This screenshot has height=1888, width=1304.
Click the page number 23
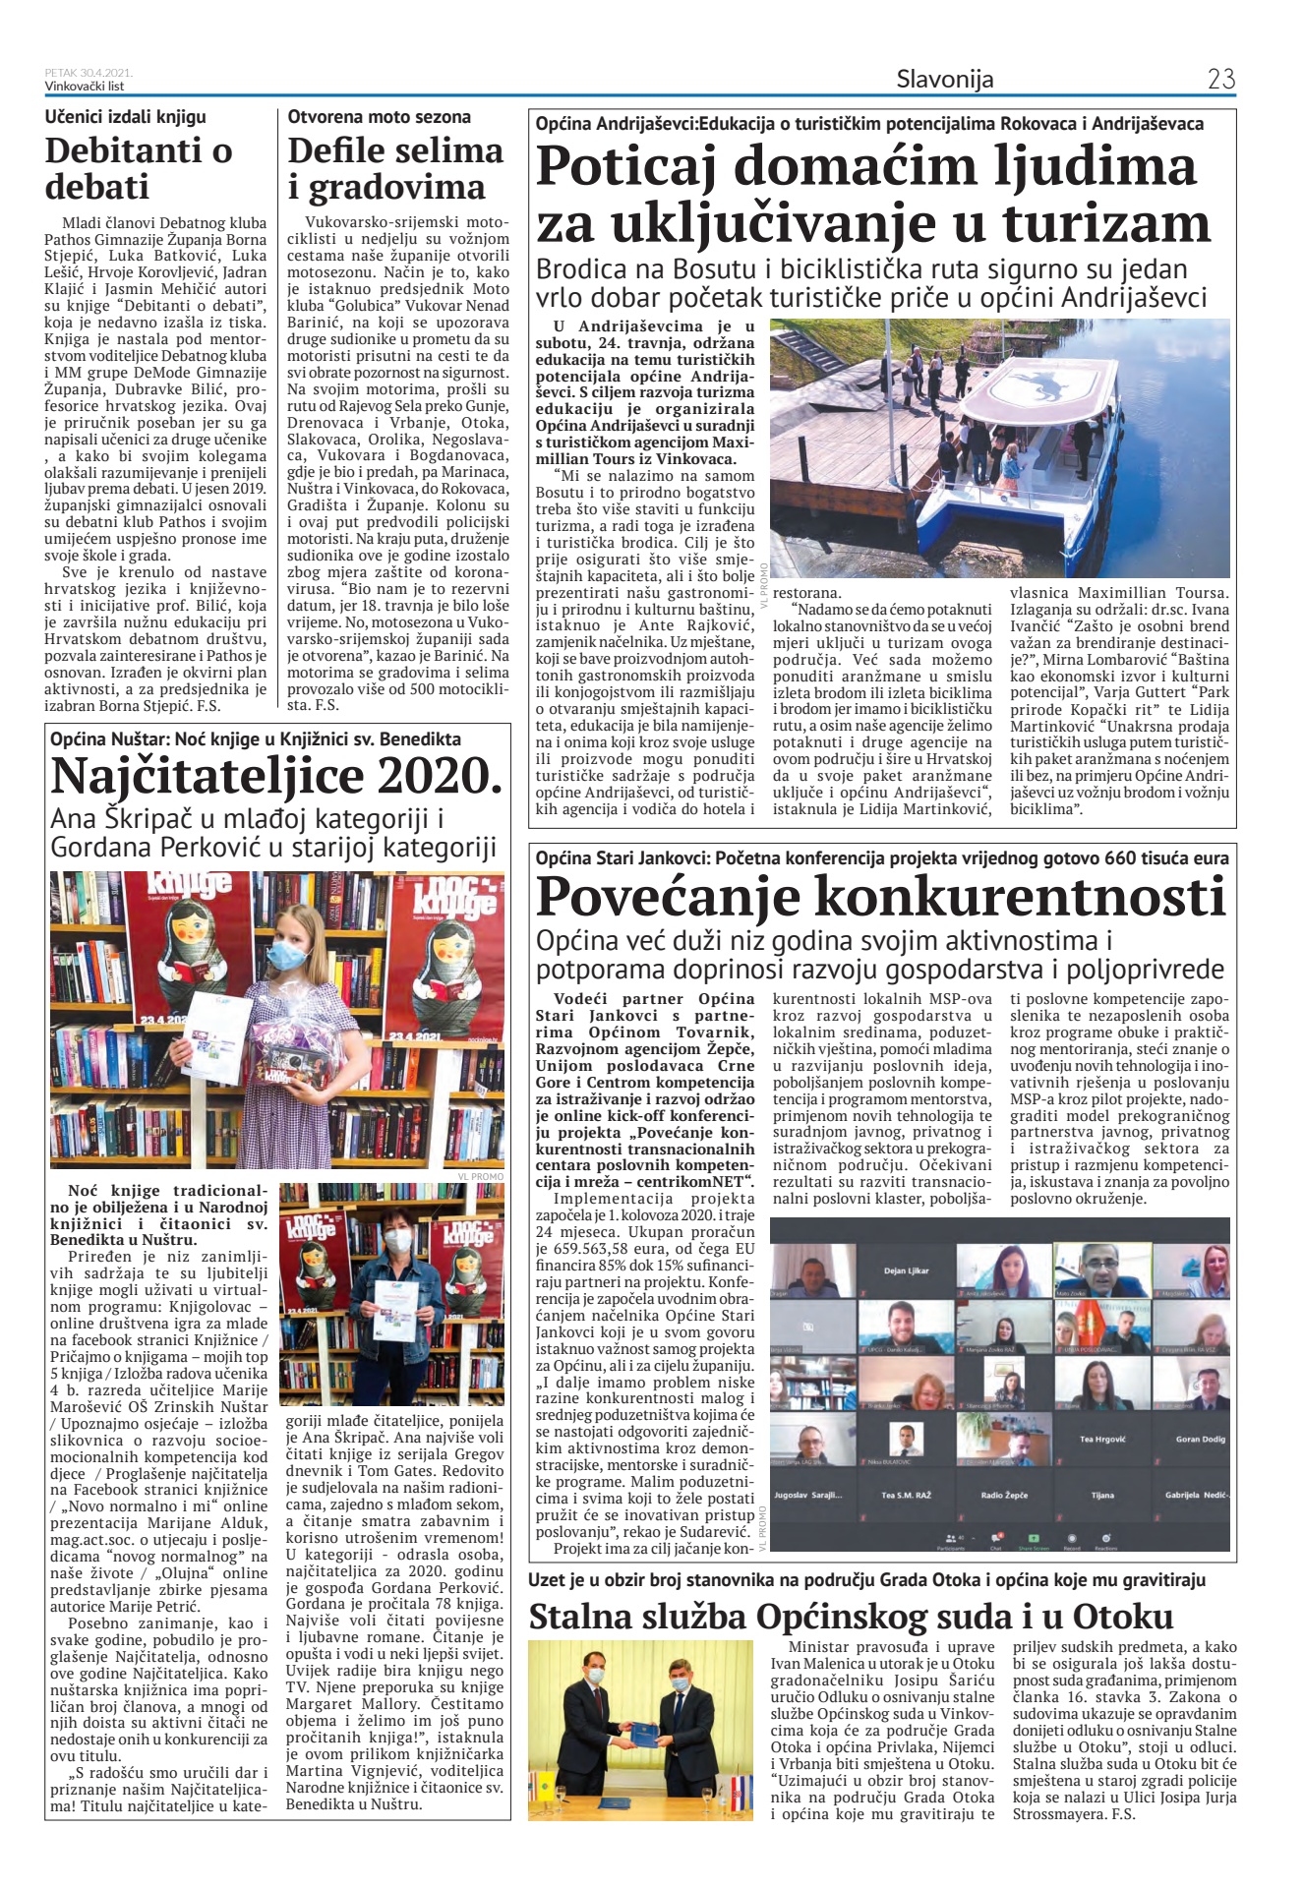(x=1220, y=79)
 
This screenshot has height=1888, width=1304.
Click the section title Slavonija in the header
(x=944, y=80)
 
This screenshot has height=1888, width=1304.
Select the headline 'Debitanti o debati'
(x=139, y=168)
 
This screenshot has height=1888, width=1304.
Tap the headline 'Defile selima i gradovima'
(x=395, y=168)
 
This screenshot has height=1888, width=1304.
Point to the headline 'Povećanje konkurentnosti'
(x=881, y=896)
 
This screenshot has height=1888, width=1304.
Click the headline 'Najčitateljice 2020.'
(x=276, y=776)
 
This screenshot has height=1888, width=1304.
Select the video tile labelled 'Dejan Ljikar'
(x=906, y=1270)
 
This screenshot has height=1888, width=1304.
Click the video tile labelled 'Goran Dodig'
(x=1200, y=1440)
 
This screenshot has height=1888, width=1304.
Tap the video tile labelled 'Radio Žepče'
(x=1004, y=1495)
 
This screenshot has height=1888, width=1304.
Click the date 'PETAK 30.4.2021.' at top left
(x=89, y=73)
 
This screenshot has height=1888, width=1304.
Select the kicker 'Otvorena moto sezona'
(x=379, y=117)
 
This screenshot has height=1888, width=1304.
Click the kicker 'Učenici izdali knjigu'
(x=126, y=117)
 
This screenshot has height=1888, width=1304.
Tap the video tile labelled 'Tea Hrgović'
(x=1101, y=1440)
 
